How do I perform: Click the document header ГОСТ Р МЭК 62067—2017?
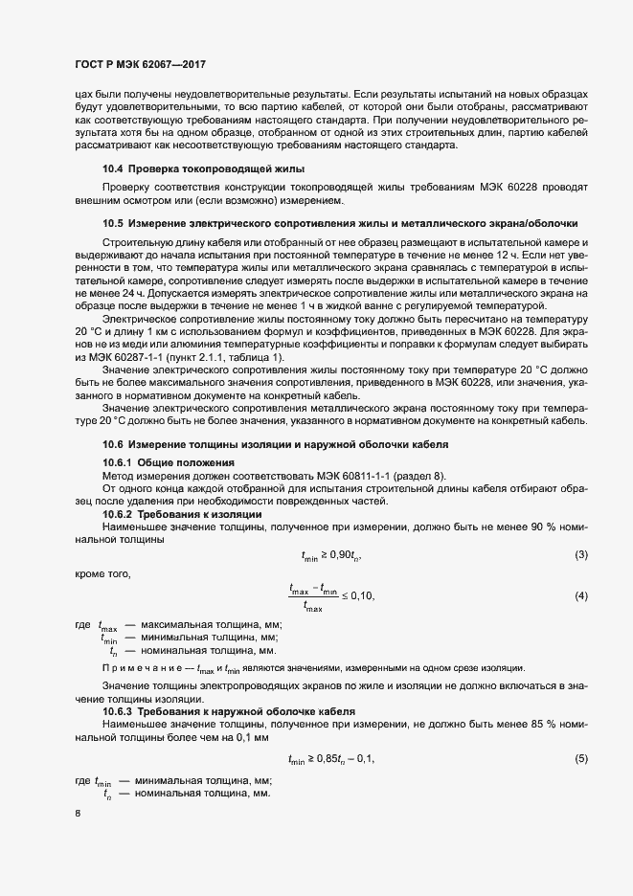click(x=141, y=65)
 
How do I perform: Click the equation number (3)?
click(x=580, y=556)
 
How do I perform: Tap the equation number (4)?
click(x=580, y=596)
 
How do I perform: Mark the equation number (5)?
click(x=580, y=759)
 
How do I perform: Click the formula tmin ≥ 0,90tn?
click(x=331, y=556)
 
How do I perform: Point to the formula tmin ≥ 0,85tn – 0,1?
click(x=330, y=759)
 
